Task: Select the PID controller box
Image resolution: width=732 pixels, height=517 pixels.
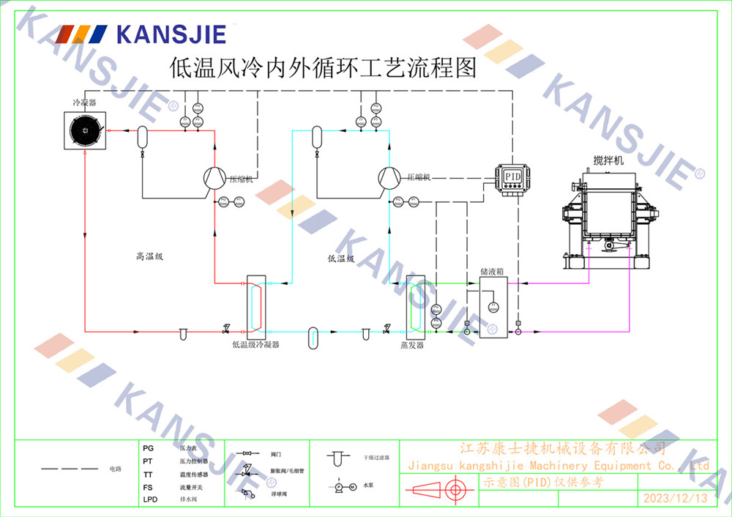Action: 512,176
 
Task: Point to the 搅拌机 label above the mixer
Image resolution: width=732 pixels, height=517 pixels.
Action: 608,160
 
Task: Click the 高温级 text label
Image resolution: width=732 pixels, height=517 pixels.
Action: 149,256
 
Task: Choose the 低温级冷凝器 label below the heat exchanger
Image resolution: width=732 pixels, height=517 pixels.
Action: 255,344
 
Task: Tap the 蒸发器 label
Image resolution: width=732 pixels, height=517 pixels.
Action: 412,345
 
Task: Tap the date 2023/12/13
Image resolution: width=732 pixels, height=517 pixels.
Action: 675,499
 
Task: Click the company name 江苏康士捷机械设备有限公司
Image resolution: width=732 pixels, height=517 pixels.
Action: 562,448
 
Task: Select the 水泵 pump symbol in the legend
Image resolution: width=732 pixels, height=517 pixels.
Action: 345,486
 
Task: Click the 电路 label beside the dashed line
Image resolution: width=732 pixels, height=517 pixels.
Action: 115,468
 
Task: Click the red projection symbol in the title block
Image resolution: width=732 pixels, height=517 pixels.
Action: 438,491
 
